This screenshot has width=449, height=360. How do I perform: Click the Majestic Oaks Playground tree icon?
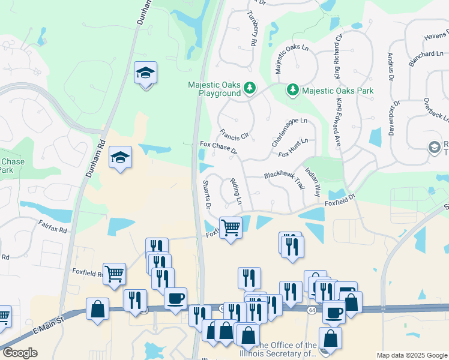click(249, 89)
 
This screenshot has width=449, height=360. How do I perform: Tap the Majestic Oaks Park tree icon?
click(292, 91)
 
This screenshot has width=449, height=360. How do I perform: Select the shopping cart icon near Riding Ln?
click(231, 228)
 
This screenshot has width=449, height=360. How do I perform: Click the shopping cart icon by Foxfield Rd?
click(114, 274)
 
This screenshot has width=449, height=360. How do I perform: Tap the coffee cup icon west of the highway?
click(175, 298)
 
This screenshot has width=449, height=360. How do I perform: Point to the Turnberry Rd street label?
click(252, 29)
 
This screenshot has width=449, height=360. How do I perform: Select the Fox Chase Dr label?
click(218, 148)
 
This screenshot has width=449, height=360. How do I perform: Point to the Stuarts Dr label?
click(206, 194)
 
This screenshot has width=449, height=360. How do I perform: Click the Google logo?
click(20, 352)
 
